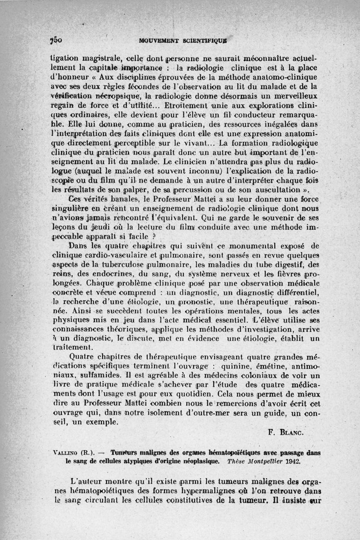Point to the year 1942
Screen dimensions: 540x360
pos(291,461)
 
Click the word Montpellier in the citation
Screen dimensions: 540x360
pos(256,461)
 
